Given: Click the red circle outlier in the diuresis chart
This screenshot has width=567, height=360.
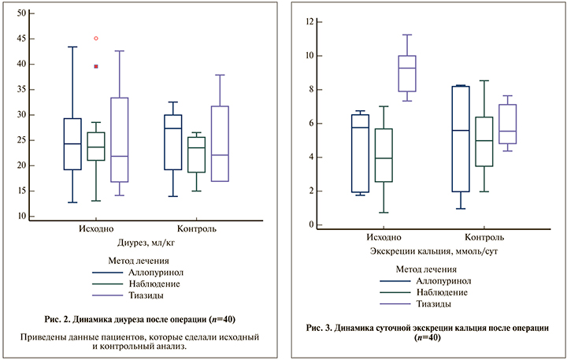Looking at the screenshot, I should [96, 38].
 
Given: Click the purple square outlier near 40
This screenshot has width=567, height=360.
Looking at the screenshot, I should [96, 66].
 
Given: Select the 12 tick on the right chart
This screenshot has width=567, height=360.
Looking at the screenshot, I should [310, 22].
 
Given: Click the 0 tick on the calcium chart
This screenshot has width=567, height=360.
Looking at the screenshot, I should [313, 225].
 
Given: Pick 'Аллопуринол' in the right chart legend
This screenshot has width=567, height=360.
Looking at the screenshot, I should [446, 280].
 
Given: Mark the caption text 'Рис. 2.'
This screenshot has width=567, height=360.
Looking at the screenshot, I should [61, 319].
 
